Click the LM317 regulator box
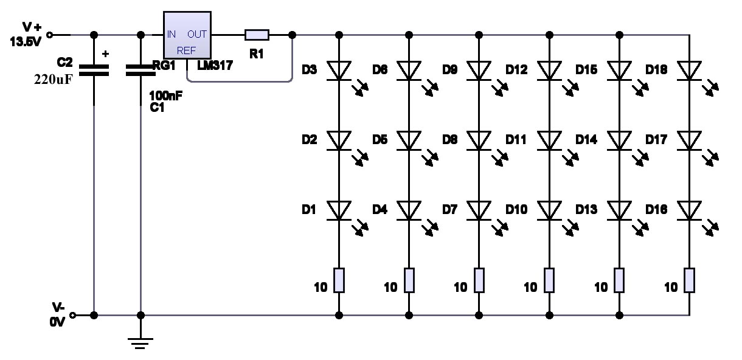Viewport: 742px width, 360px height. [x=187, y=35]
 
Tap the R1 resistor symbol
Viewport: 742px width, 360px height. [x=257, y=35]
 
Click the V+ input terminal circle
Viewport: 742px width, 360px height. [x=49, y=35]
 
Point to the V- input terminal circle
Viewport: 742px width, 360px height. [x=72, y=315]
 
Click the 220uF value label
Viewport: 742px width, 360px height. [x=53, y=80]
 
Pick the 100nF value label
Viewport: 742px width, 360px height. [x=165, y=95]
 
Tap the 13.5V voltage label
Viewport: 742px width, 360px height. [x=26, y=42]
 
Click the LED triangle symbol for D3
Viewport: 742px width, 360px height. [x=339, y=71]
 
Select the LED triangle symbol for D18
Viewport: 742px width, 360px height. [x=689, y=71]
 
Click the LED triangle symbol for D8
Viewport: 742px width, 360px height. [x=479, y=140]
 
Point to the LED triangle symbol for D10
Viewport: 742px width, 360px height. [x=549, y=210]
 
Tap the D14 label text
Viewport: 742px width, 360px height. [x=586, y=140]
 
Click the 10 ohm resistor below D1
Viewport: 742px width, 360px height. [x=339, y=280]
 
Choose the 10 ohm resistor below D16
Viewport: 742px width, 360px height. [x=689, y=280]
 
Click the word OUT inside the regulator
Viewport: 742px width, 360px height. [x=197, y=34]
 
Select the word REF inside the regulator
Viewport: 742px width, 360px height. [x=186, y=50]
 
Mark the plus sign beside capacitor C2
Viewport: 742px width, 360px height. [x=105, y=54]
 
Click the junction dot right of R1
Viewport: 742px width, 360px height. [x=292, y=35]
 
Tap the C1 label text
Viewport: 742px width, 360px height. [x=157, y=107]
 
